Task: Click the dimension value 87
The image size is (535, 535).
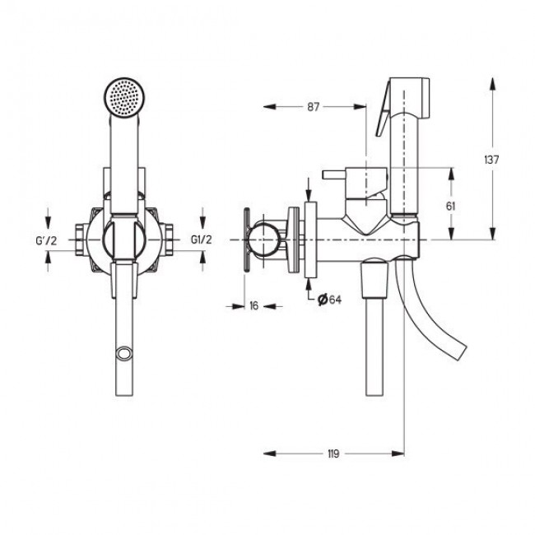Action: pos(314,107)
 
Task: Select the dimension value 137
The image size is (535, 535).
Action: pos(491,160)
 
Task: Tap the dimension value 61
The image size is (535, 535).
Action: pos(450,206)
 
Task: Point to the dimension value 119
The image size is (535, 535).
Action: pos(333,454)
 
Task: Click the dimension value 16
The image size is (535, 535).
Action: pos(254,305)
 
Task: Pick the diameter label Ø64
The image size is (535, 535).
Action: pos(329,300)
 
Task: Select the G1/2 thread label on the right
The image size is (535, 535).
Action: pos(202,240)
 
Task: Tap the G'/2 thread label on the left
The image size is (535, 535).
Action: pos(46,240)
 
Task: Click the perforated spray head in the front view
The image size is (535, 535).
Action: pos(123,98)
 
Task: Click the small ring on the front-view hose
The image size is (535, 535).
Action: pos(123,353)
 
